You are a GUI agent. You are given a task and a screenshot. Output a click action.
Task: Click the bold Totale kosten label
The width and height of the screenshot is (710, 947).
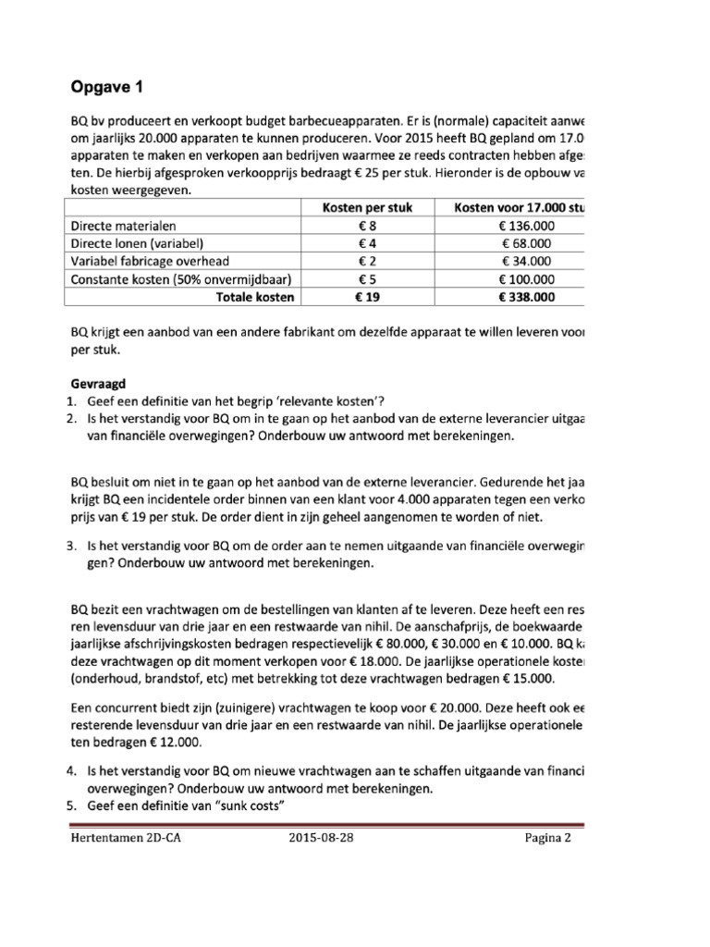tap(254, 297)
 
